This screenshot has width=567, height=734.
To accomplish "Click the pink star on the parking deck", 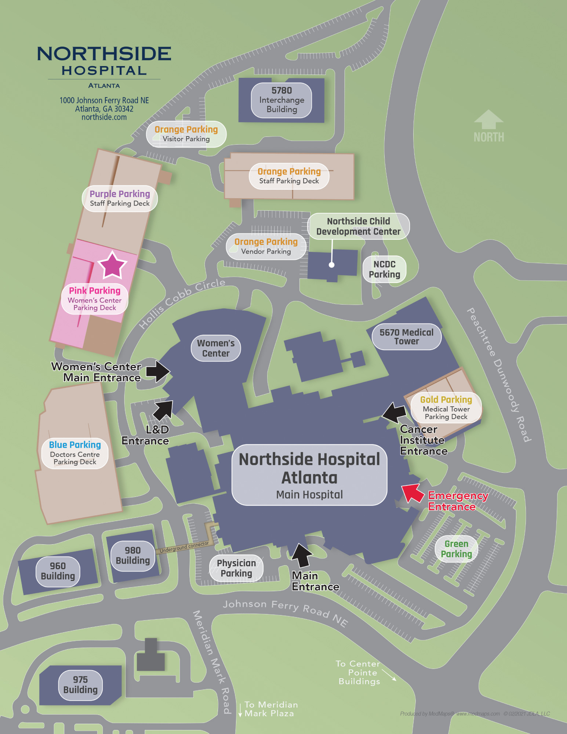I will [x=112, y=265].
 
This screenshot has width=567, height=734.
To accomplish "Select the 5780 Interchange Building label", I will [x=281, y=100].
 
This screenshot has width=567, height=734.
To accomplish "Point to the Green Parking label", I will [x=456, y=549].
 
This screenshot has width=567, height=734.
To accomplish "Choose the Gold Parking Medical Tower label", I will [x=446, y=407].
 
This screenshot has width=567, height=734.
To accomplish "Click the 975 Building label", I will [x=80, y=684].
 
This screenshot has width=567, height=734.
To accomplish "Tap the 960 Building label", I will [x=58, y=571].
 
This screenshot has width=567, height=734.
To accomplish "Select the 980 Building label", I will [x=132, y=555].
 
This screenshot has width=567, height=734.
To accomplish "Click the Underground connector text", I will [x=184, y=547].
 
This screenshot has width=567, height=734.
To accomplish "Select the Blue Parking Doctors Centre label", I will [x=75, y=453].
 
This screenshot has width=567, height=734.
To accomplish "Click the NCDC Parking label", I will [x=384, y=269].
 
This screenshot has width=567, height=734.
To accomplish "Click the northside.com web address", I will [x=104, y=117].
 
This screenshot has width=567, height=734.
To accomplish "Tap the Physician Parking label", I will [x=236, y=568].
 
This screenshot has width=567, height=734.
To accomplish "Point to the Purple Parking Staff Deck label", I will [x=120, y=198].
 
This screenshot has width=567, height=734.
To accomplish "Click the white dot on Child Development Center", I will [x=331, y=265].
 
